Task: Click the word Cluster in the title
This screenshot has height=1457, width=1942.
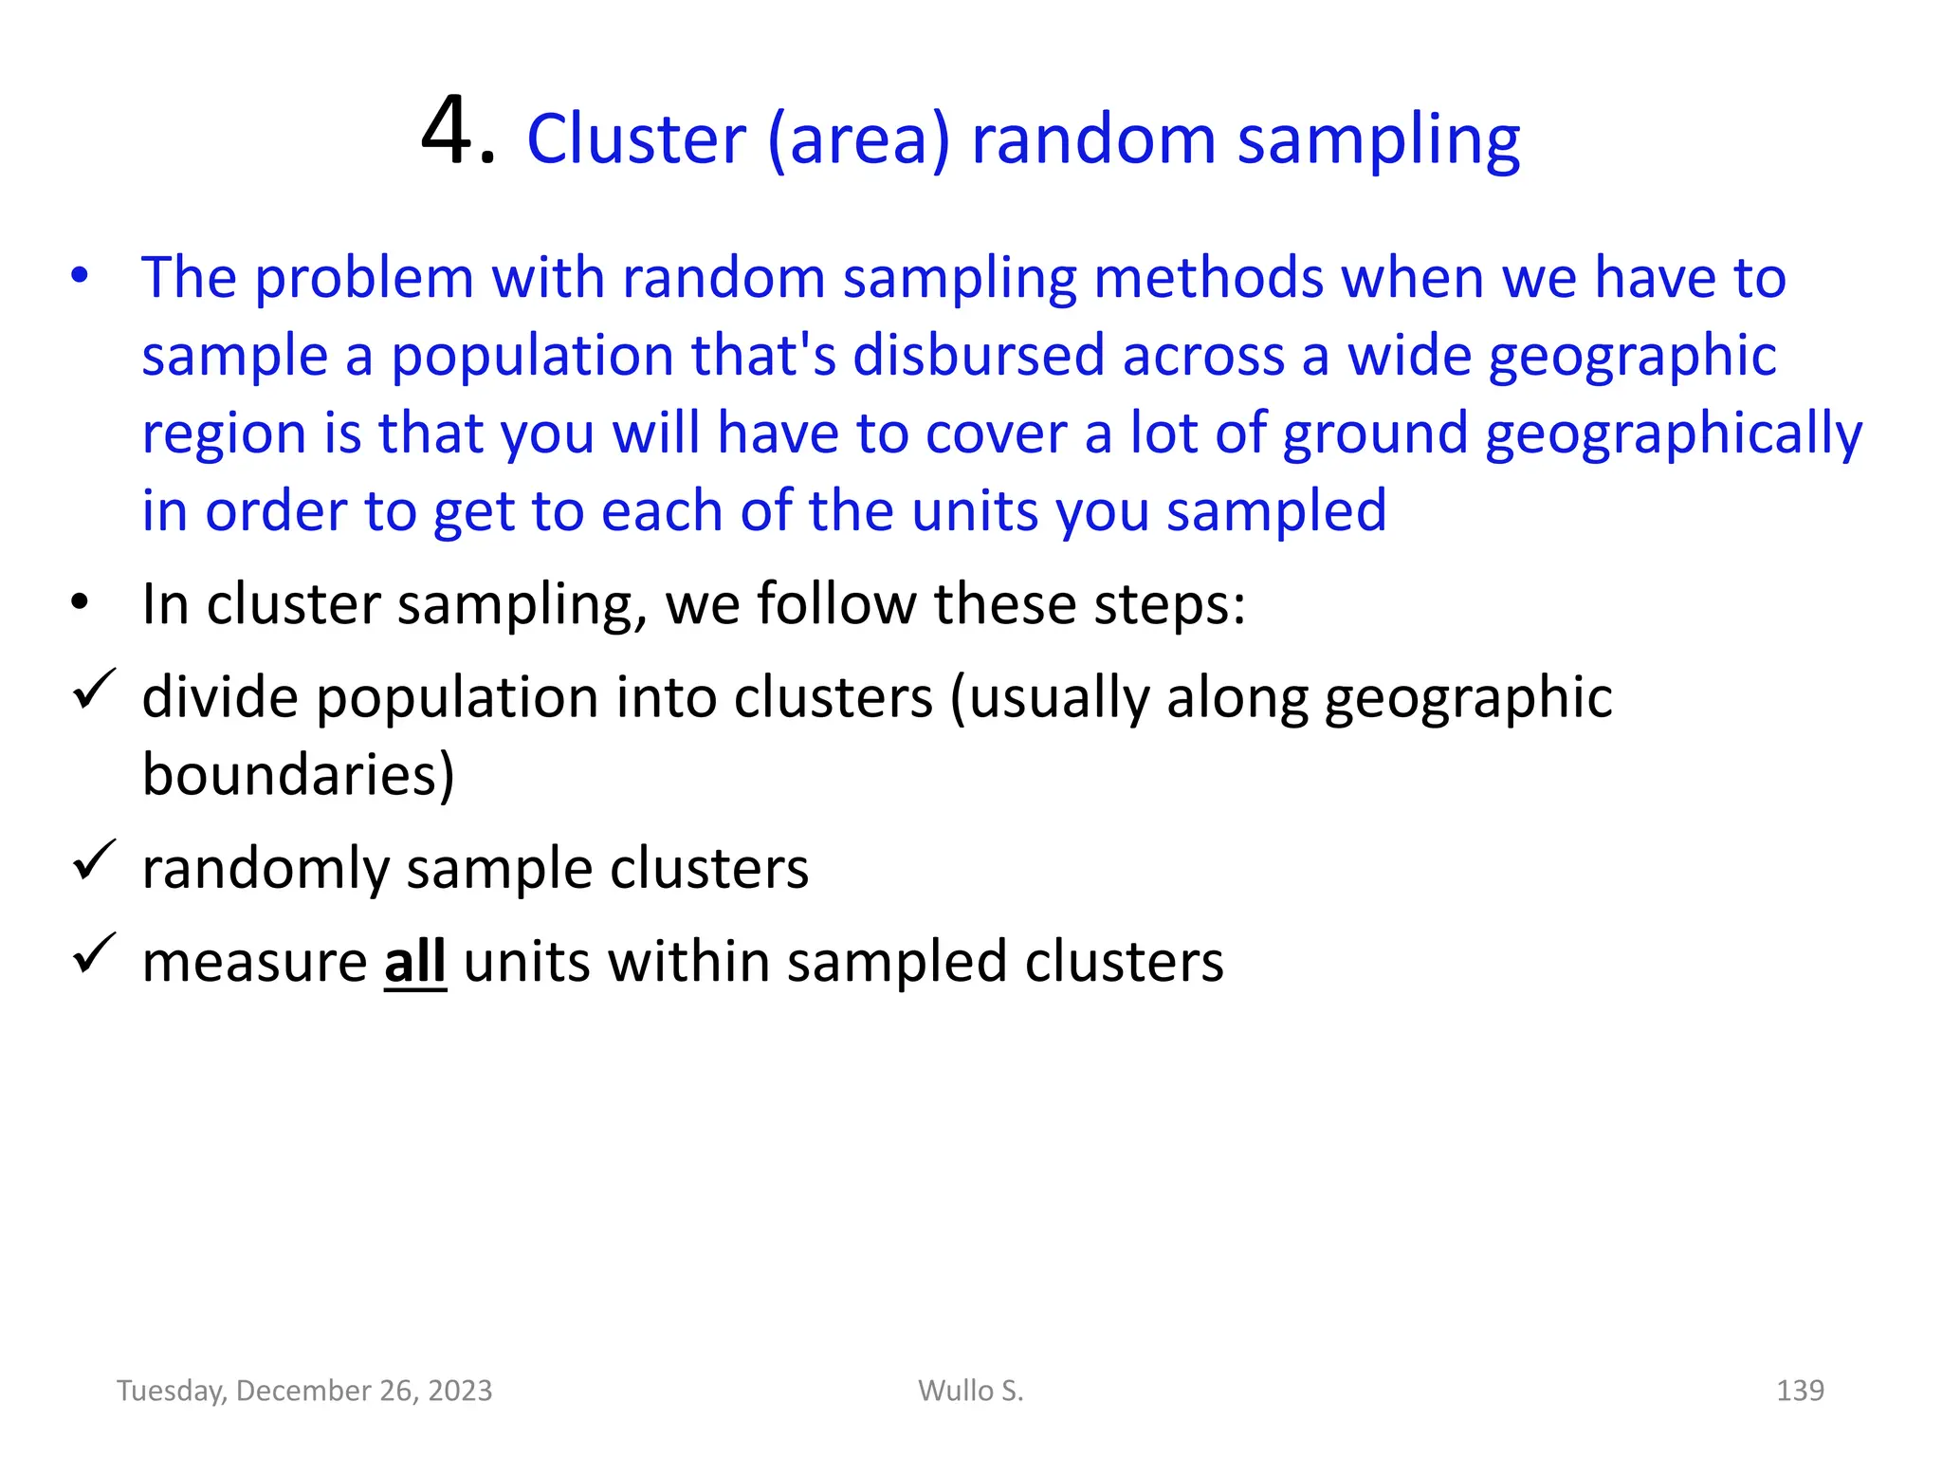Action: [636, 139]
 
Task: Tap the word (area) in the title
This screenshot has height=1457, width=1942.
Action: [858, 141]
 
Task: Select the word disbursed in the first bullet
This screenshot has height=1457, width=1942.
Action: [980, 356]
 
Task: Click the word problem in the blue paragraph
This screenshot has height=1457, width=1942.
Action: [364, 279]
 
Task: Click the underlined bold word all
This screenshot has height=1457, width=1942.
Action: [414, 962]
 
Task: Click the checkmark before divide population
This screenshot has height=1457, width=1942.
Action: [94, 690]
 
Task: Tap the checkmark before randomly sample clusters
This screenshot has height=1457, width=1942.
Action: [94, 860]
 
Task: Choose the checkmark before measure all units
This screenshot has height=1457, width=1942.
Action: [94, 953]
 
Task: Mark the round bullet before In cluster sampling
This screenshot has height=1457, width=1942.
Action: [80, 602]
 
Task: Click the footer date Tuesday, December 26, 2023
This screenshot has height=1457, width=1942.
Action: [304, 1391]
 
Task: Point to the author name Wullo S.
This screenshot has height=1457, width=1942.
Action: [971, 1391]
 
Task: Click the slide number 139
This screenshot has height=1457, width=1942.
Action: [1800, 1391]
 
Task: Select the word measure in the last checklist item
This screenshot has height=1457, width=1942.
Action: [254, 962]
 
